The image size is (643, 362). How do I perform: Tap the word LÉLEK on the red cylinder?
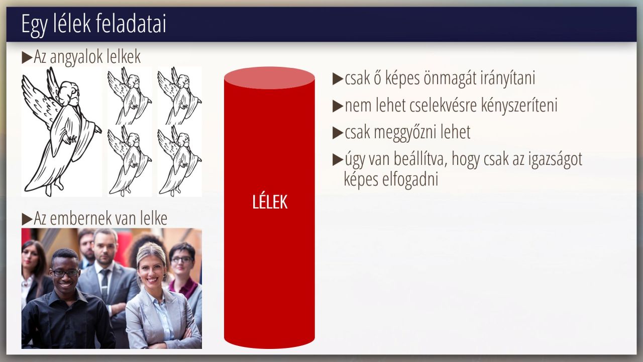click(270, 202)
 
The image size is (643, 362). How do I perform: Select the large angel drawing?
click(61, 132)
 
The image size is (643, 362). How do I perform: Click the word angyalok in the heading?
click(73, 57)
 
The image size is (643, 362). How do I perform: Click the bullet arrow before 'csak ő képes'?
click(338, 79)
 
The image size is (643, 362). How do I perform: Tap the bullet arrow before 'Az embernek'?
click(27, 219)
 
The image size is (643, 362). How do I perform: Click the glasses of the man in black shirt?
click(64, 273)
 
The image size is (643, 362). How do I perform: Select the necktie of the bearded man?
click(104, 283)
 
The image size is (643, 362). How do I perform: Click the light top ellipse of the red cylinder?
click(269, 78)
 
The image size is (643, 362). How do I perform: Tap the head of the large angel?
click(70, 93)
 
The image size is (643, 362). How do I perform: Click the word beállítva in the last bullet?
click(420, 158)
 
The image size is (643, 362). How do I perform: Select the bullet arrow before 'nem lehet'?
click(338, 106)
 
